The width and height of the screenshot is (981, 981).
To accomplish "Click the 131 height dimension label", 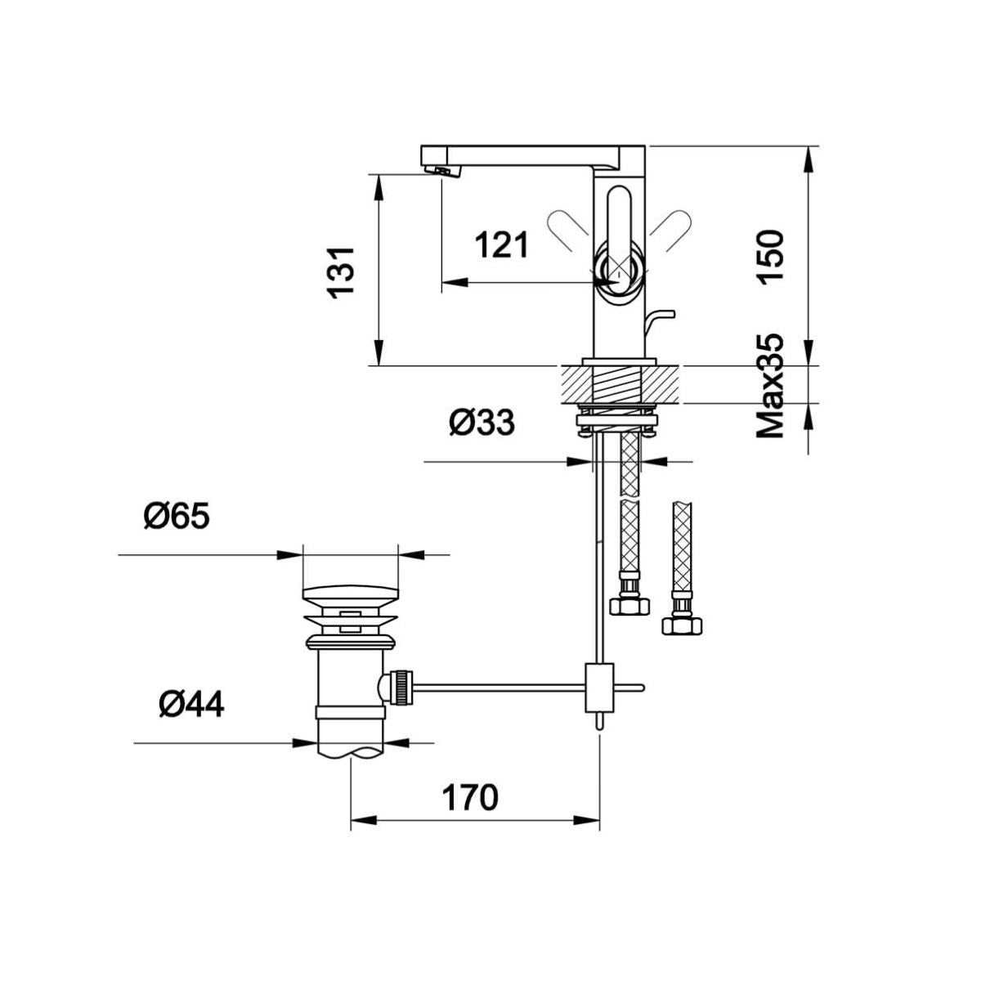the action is click(x=341, y=272).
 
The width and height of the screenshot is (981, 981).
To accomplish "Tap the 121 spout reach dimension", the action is click(x=502, y=245).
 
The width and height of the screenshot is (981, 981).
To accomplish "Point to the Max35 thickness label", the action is click(x=769, y=386).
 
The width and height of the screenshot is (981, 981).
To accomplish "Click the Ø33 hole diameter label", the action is click(x=482, y=423).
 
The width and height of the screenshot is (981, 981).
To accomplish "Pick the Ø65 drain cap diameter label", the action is click(x=177, y=517).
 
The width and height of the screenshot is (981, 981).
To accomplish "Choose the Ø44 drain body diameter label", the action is click(x=191, y=705).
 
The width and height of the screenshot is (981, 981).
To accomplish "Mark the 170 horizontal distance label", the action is click(x=469, y=797).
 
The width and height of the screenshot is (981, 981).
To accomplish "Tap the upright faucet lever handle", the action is click(x=619, y=240).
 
